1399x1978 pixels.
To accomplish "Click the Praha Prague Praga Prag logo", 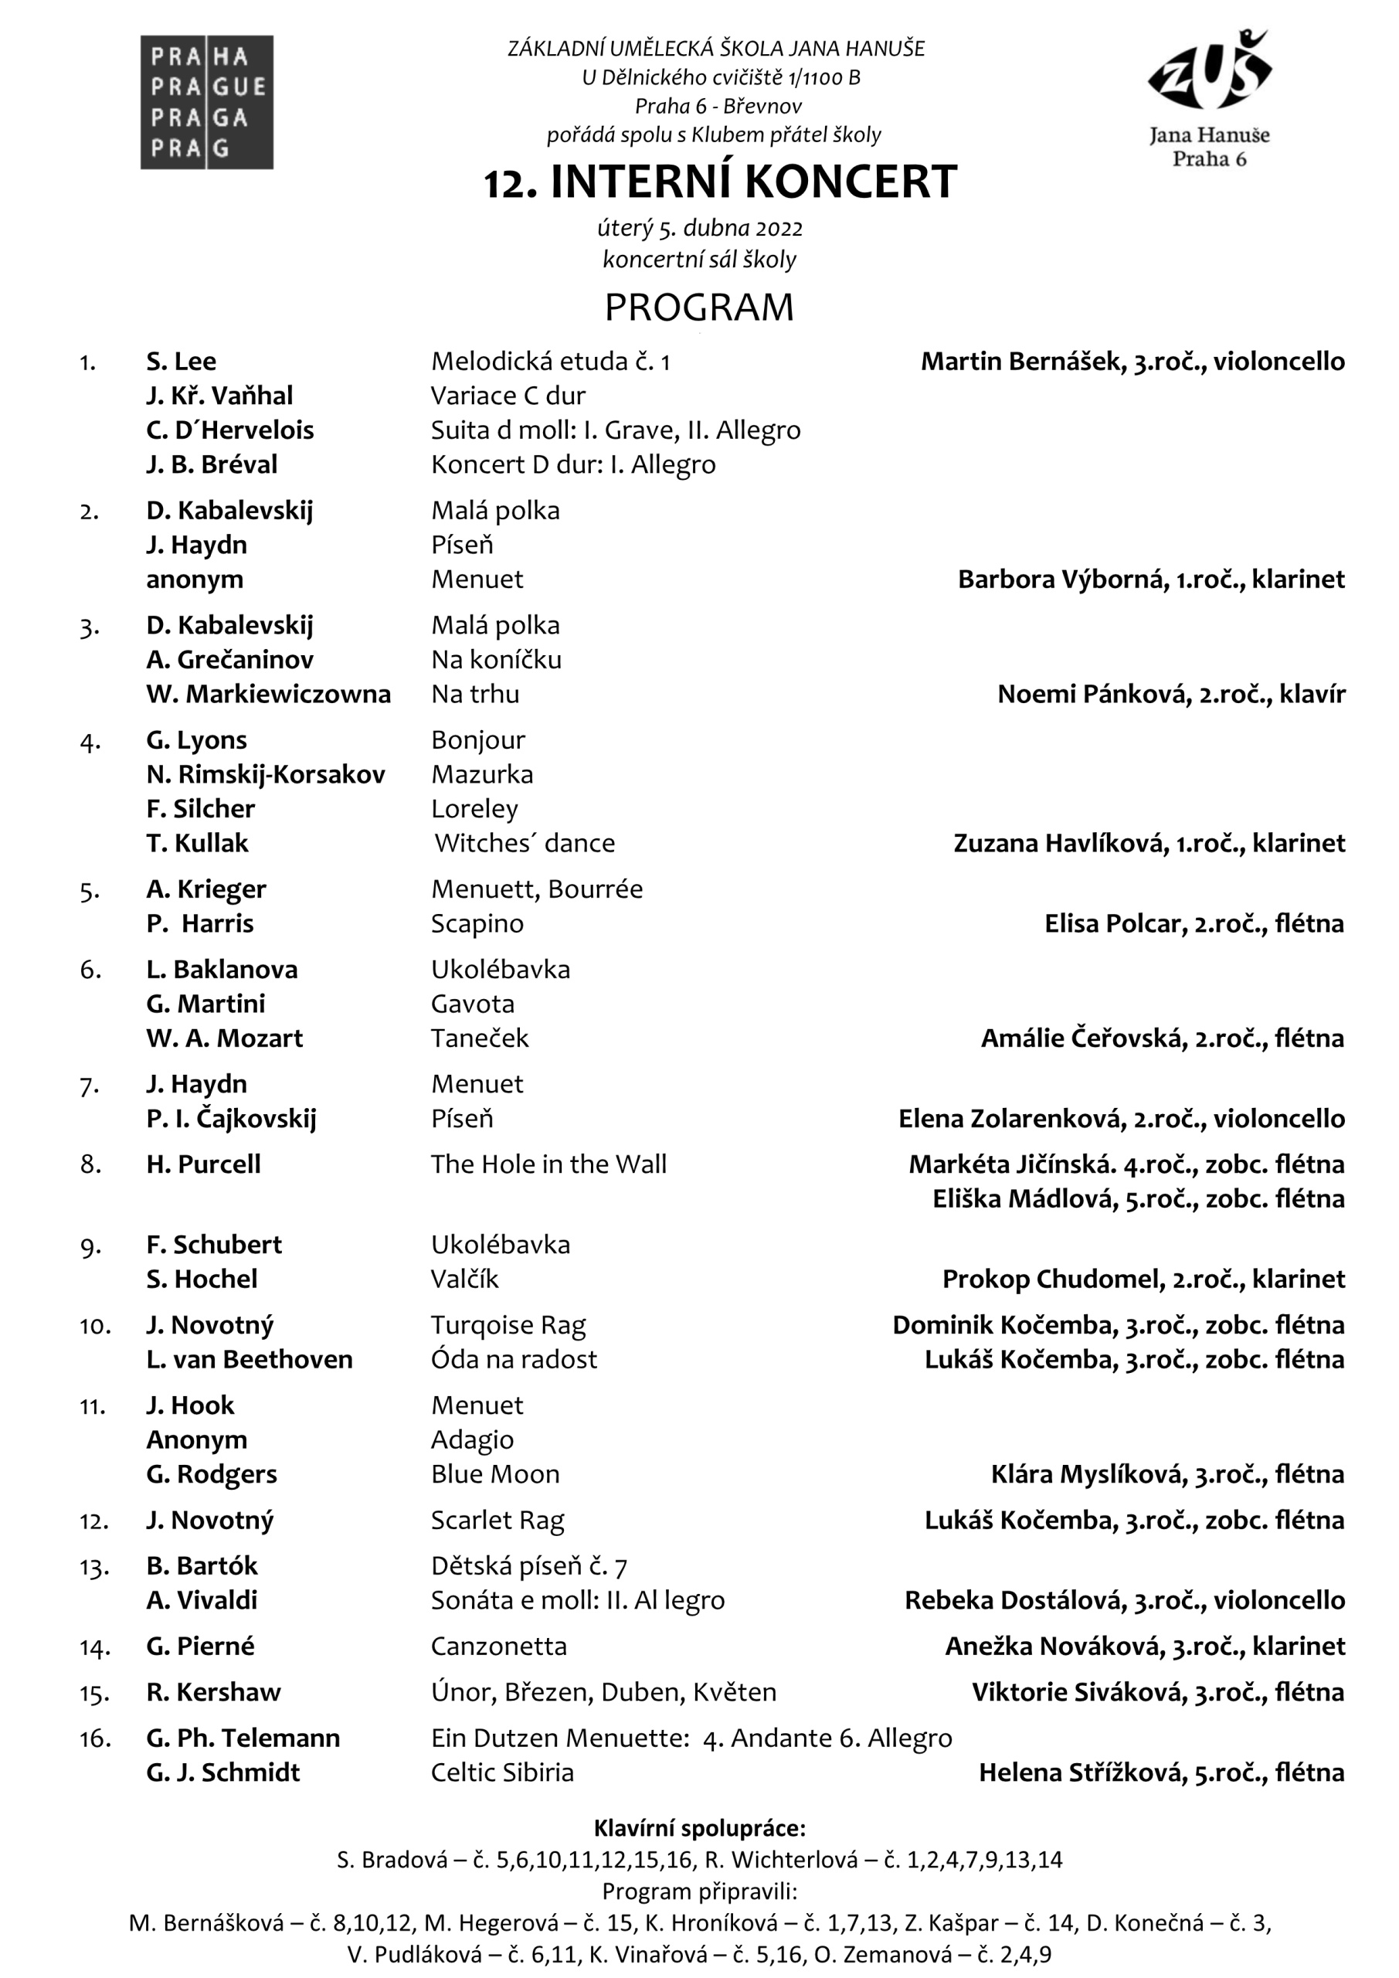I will pos(207,102).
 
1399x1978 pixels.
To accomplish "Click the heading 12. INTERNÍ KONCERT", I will pos(720,182).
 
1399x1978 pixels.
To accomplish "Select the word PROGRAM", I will pos(698,308).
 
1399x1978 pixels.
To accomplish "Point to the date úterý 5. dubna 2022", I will pos(700,228).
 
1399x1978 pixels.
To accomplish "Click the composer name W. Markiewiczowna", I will pos(268,694).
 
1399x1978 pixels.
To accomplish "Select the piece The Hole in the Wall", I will pos(548,1164).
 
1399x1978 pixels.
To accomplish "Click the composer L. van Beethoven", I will pos(249,1358).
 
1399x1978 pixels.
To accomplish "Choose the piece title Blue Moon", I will pos(495,1473).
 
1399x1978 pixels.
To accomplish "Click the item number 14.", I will pos(94,1647).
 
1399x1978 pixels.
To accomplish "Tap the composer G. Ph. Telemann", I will pos(243,1738).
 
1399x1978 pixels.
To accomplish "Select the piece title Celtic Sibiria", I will pos(502,1772).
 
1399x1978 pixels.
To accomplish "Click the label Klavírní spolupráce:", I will pos(700,1827).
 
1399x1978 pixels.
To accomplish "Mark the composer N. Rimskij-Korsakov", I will pos(265,773).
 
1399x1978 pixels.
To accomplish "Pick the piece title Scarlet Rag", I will pos(497,1520).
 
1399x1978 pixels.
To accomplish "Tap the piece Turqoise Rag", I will pos(508,1324).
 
